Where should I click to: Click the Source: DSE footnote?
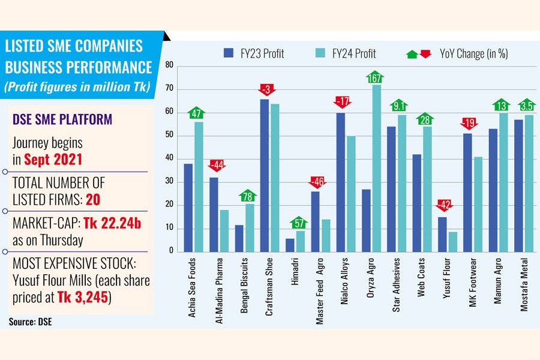(x=31, y=322)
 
